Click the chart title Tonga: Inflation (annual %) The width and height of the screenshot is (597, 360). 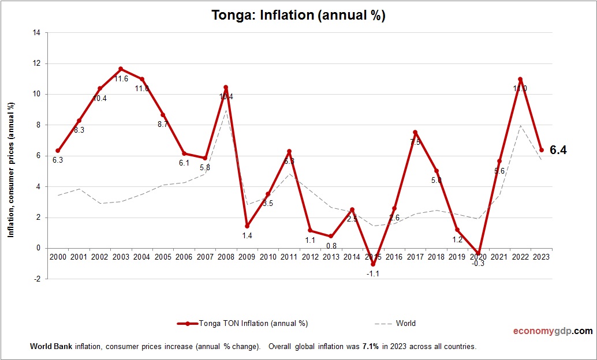tap(298, 16)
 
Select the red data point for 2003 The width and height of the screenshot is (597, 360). tap(121, 69)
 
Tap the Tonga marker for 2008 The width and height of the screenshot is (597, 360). tap(226, 88)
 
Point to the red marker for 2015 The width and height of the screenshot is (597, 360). tap(373, 264)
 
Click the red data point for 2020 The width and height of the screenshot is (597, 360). tap(478, 253)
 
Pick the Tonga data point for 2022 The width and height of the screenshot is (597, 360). tap(520, 79)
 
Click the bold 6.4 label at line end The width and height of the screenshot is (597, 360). tap(558, 151)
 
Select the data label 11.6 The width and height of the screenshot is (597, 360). tap(121, 79)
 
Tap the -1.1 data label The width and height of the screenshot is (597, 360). tap(372, 274)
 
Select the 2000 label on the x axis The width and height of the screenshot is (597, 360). tap(58, 257)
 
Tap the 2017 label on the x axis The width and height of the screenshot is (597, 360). tap(415, 257)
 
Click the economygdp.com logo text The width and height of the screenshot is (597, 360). tap(553, 331)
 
